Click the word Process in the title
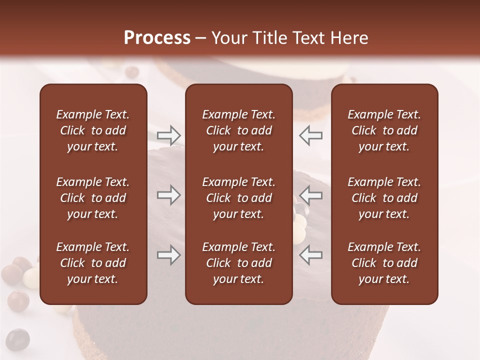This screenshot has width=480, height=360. point(157,38)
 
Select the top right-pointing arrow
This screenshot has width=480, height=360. point(168,135)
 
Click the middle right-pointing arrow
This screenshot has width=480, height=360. point(168,195)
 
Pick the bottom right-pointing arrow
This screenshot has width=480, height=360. point(168,255)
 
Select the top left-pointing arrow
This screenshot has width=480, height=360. point(310,135)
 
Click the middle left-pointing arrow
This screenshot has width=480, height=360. point(310,195)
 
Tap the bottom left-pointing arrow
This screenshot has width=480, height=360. point(310,255)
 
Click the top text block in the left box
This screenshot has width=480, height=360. point(93,130)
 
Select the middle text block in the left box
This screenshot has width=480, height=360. point(93,198)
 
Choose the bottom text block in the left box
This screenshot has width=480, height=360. point(93,263)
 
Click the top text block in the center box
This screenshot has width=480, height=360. point(238,130)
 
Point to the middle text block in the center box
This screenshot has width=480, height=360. point(238,198)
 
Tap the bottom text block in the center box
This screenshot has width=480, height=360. point(238,263)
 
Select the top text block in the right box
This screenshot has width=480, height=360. point(384,130)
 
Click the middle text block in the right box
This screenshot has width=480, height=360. point(384,198)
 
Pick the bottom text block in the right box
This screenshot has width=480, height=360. point(384,263)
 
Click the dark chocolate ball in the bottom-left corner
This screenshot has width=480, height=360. point(17,339)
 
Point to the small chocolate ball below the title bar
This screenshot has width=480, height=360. point(132,72)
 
